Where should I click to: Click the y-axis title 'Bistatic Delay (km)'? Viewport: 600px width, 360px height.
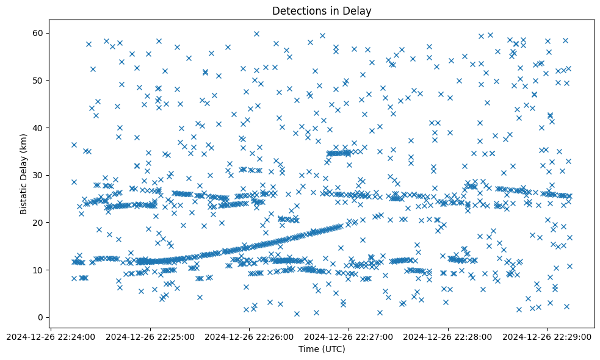pos(24,175)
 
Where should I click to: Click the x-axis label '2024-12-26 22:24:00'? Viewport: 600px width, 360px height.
pos(51,336)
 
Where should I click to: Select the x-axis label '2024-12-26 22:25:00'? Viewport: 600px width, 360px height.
pos(150,336)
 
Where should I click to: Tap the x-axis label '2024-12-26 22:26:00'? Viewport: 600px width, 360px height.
pos(250,336)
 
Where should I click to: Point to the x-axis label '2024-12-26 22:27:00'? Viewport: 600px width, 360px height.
pos(349,336)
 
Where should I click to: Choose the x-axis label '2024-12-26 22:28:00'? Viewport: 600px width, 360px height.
pos(449,336)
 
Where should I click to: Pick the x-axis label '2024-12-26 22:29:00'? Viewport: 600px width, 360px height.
pos(548,336)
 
